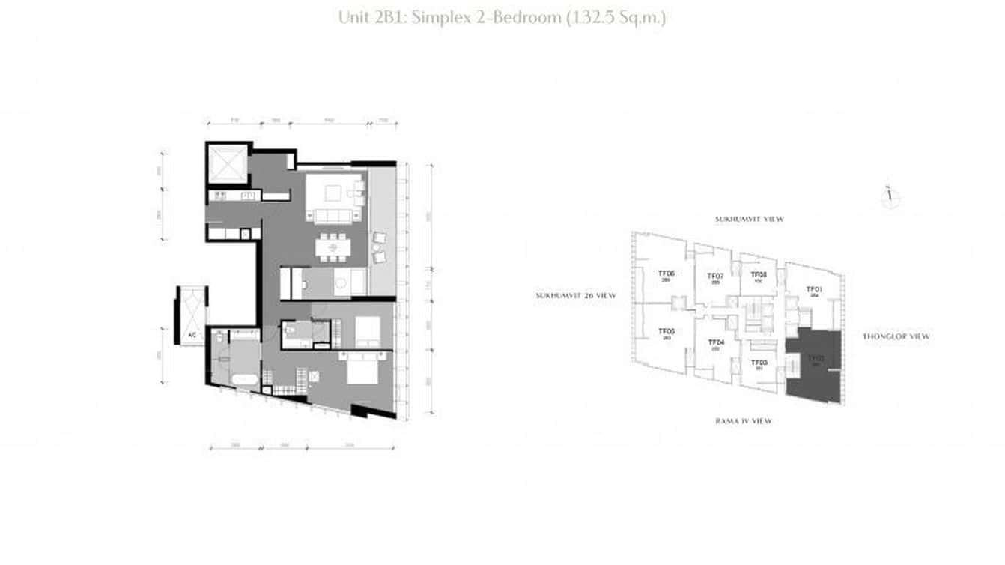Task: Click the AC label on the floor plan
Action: coord(192,335)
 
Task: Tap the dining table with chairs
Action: coord(331,247)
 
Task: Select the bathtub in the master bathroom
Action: coord(243,379)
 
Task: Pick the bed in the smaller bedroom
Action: coord(367,330)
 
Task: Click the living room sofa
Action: coord(333,216)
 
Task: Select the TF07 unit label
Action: coord(715,277)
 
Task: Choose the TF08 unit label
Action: coord(758,274)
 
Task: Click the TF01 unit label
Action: coord(814,289)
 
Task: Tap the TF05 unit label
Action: coord(667,332)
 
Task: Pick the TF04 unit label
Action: coord(715,343)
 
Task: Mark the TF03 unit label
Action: coord(759,363)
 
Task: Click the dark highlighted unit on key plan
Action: coord(814,367)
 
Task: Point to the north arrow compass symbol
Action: coord(890,197)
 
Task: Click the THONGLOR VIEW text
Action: coord(896,336)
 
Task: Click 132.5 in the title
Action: coord(596,17)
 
